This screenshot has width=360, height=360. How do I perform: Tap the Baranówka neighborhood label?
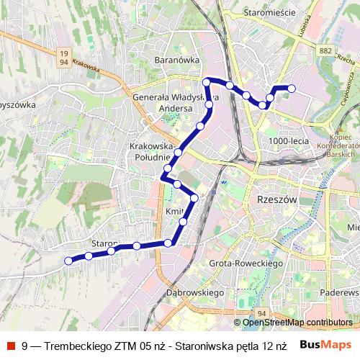[177, 60]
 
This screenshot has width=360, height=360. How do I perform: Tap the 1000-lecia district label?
[288, 140]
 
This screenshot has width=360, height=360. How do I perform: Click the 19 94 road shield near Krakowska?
[65, 56]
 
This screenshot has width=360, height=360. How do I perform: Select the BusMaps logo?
[325, 345]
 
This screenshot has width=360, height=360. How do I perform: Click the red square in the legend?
[10, 346]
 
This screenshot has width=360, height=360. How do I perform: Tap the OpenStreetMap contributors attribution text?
[297, 323]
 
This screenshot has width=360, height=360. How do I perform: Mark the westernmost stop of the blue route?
[69, 261]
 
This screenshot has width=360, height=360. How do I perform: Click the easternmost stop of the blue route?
[292, 89]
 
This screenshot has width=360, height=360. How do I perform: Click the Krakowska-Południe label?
[150, 150]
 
